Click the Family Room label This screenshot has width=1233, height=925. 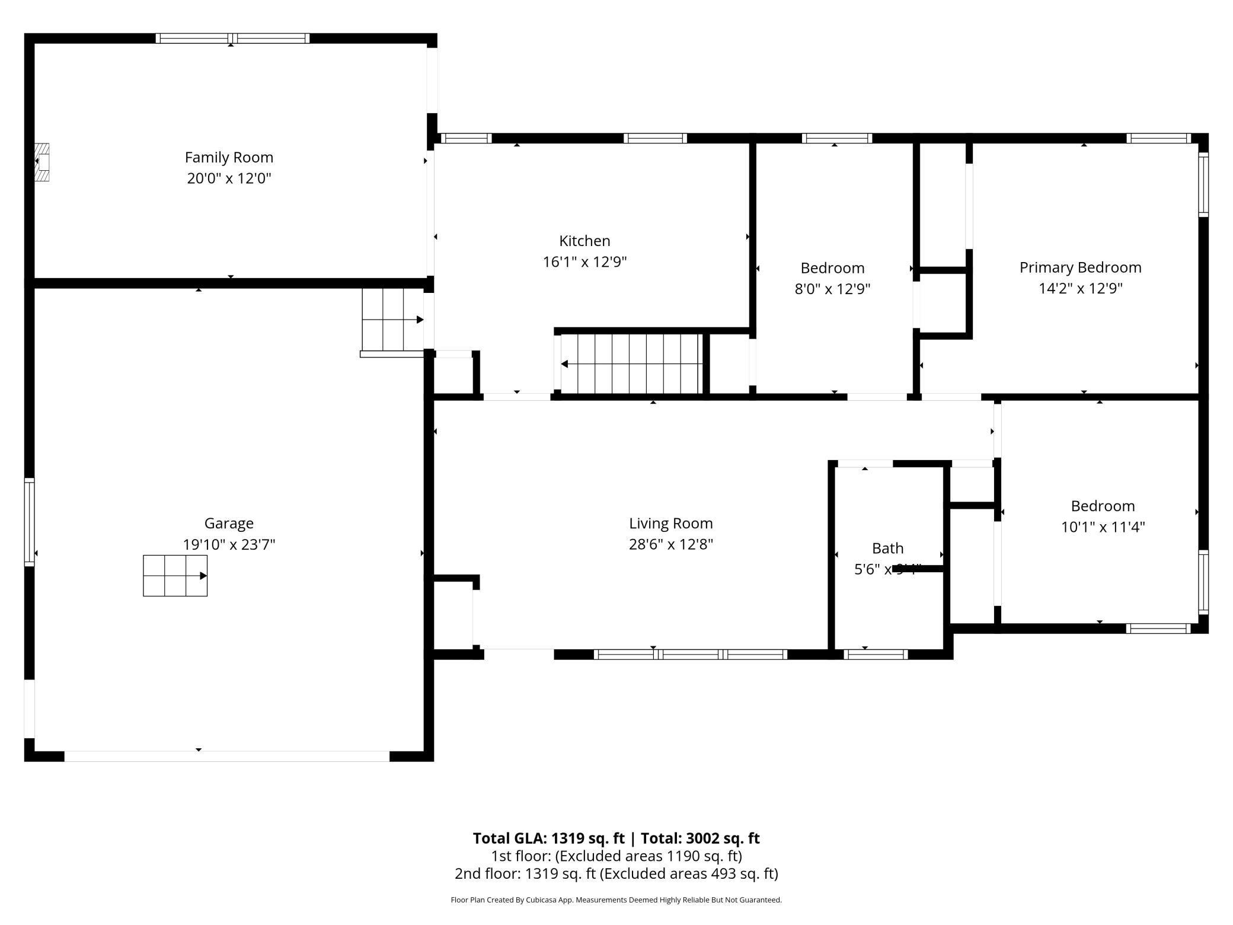click(x=229, y=157)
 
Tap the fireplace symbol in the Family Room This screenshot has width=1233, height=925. click(x=42, y=162)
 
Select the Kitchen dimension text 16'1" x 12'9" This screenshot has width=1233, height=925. click(x=584, y=261)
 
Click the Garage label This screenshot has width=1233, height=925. click(x=229, y=523)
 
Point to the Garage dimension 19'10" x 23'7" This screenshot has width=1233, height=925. click(x=229, y=544)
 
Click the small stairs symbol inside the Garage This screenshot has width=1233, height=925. click(x=175, y=575)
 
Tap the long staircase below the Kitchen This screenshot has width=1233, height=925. click(x=632, y=363)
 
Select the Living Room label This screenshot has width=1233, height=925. click(x=670, y=523)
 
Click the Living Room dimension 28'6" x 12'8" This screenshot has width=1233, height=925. click(x=670, y=544)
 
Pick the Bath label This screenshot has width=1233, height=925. click(x=887, y=548)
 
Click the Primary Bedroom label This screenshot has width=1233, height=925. click(x=1080, y=267)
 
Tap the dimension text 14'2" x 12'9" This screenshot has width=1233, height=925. click(x=1080, y=288)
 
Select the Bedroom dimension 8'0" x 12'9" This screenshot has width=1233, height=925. click(x=832, y=289)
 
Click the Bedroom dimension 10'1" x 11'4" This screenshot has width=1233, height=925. click(x=1103, y=527)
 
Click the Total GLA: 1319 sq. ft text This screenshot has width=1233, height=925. click(x=548, y=838)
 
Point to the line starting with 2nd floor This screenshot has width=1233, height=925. click(x=616, y=873)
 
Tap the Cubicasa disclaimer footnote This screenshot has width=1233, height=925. click(x=616, y=900)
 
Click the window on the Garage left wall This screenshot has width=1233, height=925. click(x=29, y=522)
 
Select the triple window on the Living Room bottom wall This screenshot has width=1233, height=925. click(x=691, y=655)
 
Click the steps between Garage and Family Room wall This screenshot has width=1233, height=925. click(x=392, y=320)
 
